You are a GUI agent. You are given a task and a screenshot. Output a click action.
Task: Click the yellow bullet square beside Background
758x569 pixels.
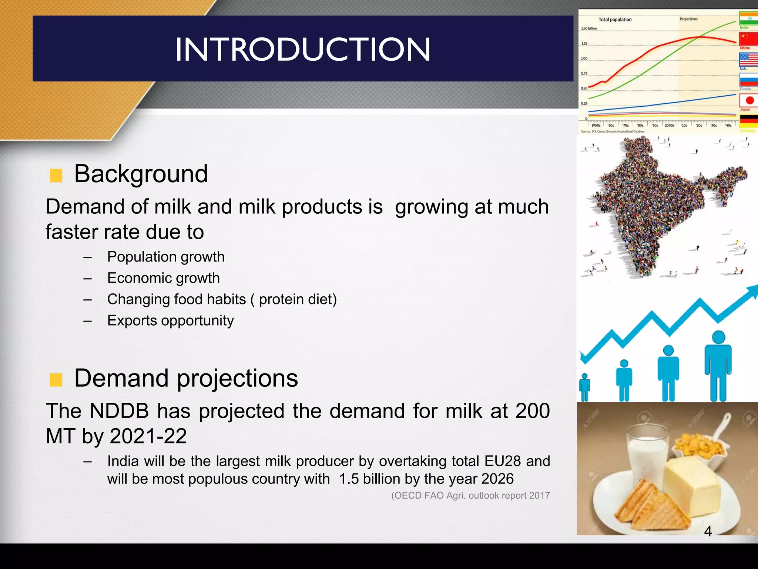(x=56, y=175)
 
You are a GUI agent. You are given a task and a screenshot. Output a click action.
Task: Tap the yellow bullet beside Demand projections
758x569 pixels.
(x=56, y=380)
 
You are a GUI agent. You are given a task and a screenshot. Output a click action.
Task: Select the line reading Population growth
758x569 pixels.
(x=166, y=257)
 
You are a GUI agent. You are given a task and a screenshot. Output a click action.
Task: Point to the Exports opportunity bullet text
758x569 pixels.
(x=170, y=320)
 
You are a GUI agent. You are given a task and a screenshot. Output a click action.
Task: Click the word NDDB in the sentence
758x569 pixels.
(x=119, y=411)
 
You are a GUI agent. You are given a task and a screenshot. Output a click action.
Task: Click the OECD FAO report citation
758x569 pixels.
(x=470, y=495)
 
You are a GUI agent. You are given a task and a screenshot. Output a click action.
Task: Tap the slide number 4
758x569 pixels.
(x=708, y=531)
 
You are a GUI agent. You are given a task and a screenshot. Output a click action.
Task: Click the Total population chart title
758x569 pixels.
(x=615, y=20)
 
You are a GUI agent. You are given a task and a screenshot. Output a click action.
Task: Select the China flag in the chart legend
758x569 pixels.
(x=748, y=39)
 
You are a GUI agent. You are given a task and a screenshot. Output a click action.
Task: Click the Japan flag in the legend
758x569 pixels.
(x=748, y=100)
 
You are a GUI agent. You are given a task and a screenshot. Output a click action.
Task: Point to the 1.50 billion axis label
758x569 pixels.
(x=589, y=29)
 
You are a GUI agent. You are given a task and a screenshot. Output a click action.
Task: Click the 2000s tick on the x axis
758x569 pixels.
(x=669, y=126)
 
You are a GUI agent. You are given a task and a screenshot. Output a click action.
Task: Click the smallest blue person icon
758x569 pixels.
(x=584, y=387)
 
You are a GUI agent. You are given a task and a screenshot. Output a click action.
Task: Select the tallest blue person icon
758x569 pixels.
(x=718, y=365)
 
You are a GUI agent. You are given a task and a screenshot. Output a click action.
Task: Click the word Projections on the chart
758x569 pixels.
(x=688, y=19)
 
